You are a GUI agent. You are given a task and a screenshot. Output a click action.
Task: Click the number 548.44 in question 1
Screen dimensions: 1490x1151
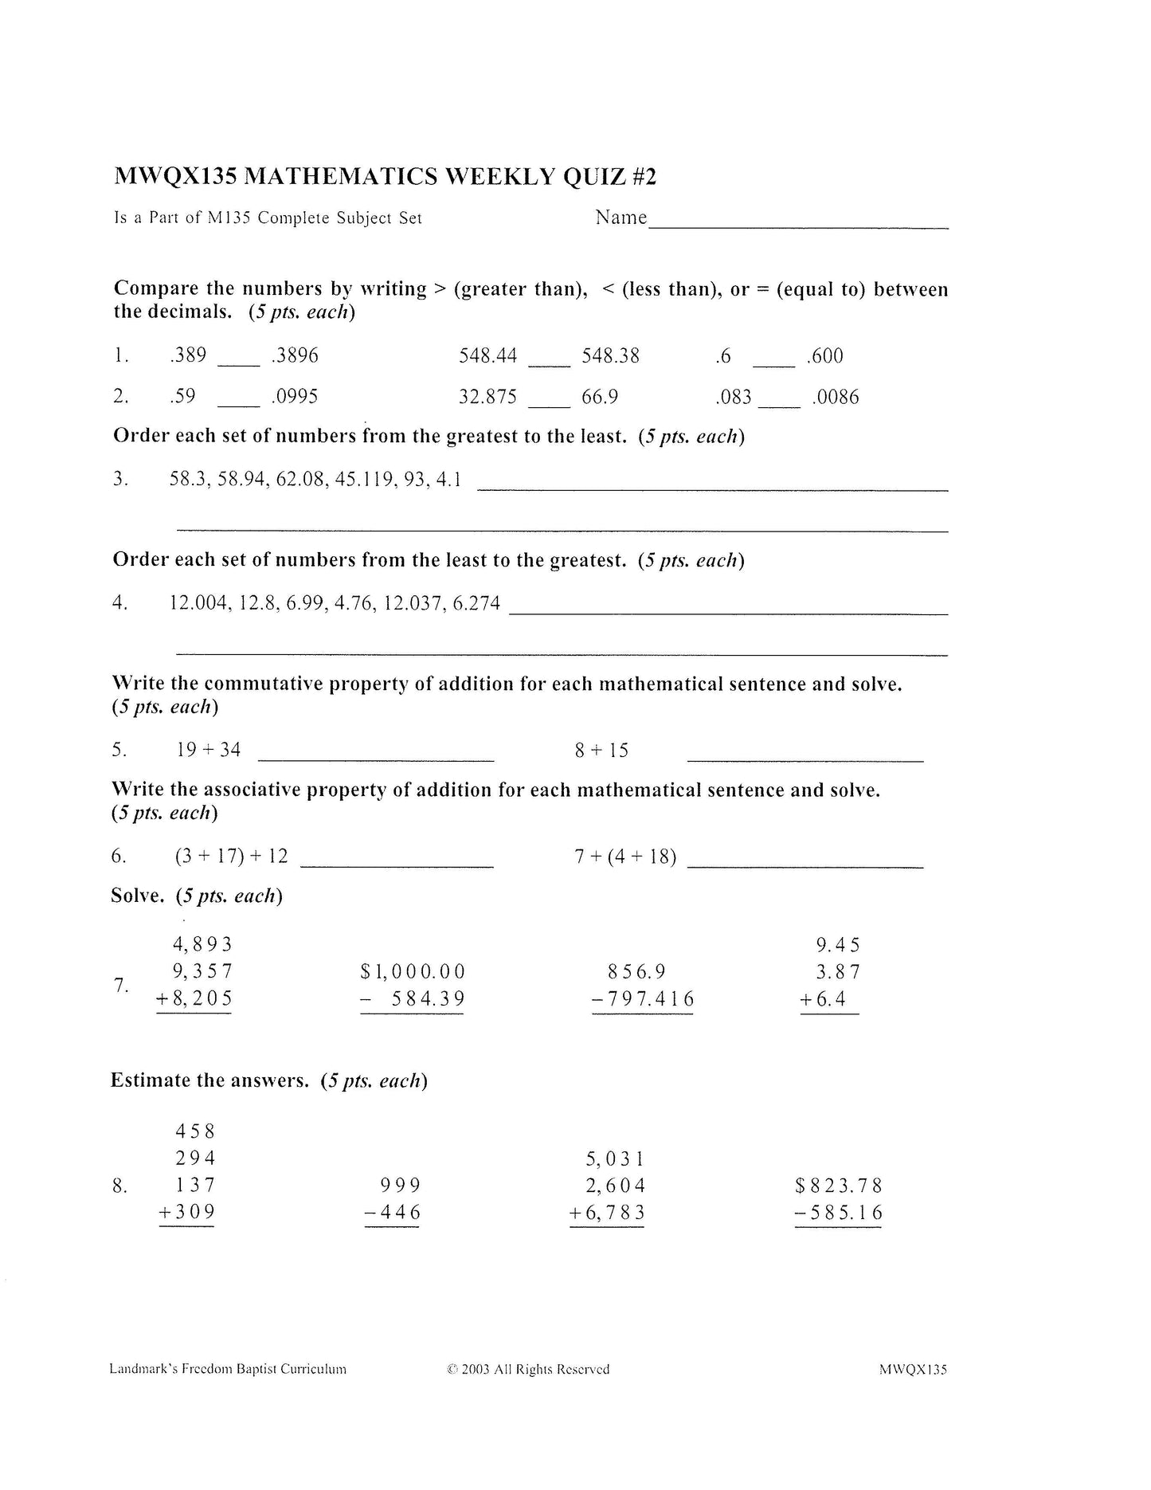pos(487,356)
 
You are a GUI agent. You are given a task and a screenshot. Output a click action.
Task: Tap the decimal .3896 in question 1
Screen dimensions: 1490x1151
pos(295,356)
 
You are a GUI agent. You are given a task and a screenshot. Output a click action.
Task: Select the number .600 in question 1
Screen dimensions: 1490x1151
pos(824,356)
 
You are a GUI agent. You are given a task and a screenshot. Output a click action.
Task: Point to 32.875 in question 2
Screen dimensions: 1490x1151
pos(487,397)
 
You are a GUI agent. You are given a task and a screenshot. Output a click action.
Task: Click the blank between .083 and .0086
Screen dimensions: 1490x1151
pos(779,404)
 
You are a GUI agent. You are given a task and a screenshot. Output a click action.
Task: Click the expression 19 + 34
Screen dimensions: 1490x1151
pos(209,750)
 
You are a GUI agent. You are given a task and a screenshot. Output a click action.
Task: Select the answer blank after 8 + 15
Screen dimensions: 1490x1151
pos(805,759)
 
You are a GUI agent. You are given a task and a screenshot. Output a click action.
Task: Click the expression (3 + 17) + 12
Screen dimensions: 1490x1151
pos(232,857)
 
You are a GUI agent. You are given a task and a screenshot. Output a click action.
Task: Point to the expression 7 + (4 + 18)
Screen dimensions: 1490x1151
pos(625,857)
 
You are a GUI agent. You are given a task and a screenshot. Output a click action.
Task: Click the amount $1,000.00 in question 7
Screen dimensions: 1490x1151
pos(413,972)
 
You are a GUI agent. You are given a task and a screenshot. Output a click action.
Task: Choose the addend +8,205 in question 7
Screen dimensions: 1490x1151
pos(194,998)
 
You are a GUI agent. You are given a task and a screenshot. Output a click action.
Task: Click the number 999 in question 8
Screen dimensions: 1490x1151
pos(401,1186)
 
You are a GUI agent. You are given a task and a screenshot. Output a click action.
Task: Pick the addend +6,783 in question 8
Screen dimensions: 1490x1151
pos(607,1214)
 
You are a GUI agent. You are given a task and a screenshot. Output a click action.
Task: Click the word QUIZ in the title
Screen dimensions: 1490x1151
pos(594,176)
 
